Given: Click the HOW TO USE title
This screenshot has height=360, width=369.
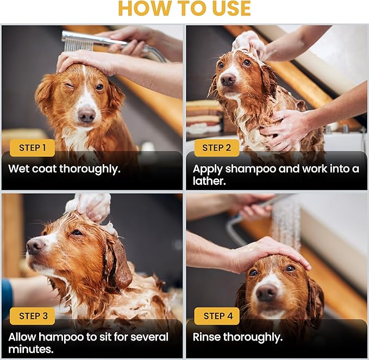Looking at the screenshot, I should pyautogui.click(x=184, y=9).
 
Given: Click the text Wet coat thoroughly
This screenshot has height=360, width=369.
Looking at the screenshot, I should pyautogui.click(x=64, y=169).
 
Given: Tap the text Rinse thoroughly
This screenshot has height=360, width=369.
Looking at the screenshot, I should pyautogui.click(x=237, y=337).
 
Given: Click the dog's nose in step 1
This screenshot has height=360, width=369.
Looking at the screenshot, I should pyautogui.click(x=86, y=115).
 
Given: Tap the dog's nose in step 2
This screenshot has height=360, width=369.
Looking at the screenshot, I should pyautogui.click(x=228, y=79).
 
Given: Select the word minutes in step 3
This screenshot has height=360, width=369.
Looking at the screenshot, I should pyautogui.click(x=30, y=349).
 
